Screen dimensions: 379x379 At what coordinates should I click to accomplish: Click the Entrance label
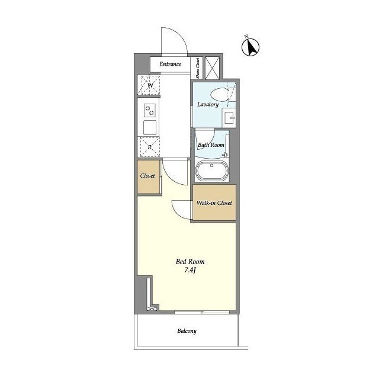170,64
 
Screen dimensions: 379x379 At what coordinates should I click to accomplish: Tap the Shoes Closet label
198,68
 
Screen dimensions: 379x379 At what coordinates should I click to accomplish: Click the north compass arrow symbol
250,47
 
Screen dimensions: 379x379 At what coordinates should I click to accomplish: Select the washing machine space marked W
149,85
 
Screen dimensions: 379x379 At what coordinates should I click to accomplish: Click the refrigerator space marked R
149,147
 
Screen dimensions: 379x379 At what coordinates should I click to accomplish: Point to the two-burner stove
150,111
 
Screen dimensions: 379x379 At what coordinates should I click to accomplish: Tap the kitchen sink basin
150,128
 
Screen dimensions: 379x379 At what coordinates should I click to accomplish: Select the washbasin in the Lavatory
229,117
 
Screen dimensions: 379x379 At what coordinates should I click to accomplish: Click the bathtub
212,171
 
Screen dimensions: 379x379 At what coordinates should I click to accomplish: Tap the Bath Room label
211,145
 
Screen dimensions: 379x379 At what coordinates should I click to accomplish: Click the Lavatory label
208,104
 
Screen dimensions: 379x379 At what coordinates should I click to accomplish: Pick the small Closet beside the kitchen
149,176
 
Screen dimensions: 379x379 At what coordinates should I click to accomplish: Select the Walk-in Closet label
214,203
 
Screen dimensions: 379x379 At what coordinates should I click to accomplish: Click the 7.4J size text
190,270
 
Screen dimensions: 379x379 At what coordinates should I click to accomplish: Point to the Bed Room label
190,262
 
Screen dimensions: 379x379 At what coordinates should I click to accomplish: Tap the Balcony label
187,331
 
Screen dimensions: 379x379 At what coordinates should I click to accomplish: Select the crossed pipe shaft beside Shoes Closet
212,68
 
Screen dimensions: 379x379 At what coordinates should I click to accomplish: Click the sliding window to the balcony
202,312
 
